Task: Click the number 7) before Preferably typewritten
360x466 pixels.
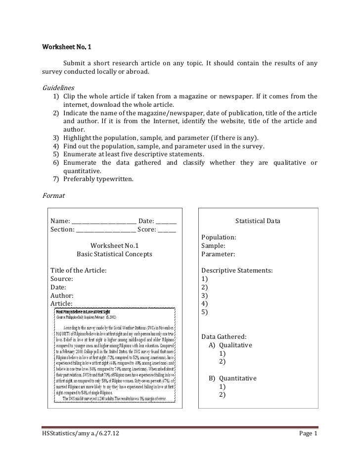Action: [x=56, y=179]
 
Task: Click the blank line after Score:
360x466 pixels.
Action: [x=167, y=230]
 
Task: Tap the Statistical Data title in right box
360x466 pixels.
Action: [x=257, y=221]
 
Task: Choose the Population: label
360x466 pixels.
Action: [x=219, y=237]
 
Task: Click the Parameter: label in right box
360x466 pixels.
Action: [x=218, y=254]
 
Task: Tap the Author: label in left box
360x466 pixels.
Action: [x=62, y=295]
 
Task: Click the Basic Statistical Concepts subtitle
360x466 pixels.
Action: [x=114, y=254]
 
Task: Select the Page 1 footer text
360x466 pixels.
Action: [x=309, y=434]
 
